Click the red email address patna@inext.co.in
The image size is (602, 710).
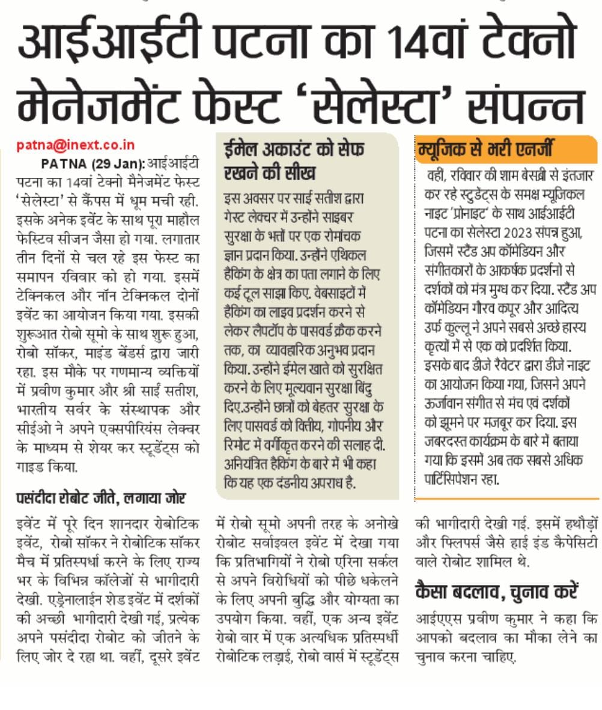coord(76,145)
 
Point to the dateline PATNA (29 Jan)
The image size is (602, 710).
coord(93,164)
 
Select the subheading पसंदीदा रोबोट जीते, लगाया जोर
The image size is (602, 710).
coord(101,498)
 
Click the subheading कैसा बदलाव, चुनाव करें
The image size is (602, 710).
coord(496,592)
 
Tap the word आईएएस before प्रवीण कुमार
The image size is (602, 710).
coord(439,619)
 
